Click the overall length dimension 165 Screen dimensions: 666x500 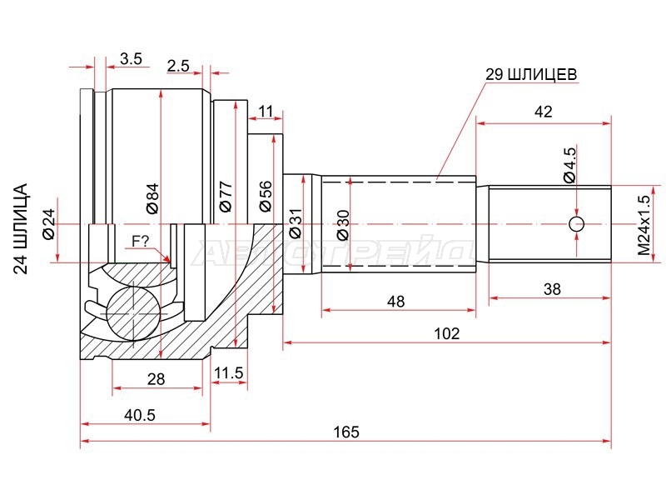[346, 432]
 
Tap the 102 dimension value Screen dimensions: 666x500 [447, 333]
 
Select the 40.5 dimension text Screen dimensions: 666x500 [140, 414]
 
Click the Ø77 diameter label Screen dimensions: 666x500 [225, 196]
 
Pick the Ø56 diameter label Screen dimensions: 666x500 [265, 196]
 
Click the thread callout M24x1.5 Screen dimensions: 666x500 [644, 225]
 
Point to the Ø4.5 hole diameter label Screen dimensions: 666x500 [569, 165]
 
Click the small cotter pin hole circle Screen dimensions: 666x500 [577, 223]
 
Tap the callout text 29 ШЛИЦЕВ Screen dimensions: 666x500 [531, 74]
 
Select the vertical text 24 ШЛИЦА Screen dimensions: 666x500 [20, 228]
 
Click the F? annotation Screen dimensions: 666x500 [140, 242]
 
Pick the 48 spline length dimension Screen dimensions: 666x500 [395, 301]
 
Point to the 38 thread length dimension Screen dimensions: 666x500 [552, 289]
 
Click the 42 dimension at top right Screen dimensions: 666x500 [544, 112]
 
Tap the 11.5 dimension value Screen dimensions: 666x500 [228, 372]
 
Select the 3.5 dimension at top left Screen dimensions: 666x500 [131, 58]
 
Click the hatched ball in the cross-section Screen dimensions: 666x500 [133, 313]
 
